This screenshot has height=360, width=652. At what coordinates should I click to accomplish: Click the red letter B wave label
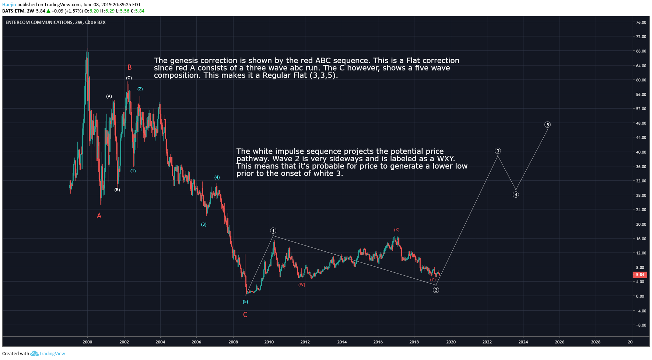click(x=130, y=67)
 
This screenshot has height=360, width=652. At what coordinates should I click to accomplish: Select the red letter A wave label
click(x=99, y=216)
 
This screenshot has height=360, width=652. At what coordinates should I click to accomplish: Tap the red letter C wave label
click(x=245, y=315)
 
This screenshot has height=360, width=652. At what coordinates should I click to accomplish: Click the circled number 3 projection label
click(x=498, y=151)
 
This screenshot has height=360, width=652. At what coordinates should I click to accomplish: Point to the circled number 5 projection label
click(x=547, y=125)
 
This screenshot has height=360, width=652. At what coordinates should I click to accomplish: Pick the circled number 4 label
click(x=516, y=195)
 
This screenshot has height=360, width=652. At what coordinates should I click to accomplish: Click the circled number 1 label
click(x=273, y=231)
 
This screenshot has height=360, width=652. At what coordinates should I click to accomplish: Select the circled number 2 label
click(x=436, y=290)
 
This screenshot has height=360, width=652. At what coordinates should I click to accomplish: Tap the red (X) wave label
click(x=397, y=230)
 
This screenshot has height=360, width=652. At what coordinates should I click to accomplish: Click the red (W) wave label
click(x=302, y=285)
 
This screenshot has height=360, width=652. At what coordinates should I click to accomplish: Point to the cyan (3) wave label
click(x=204, y=225)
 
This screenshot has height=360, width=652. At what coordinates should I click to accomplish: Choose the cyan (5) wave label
click(x=245, y=302)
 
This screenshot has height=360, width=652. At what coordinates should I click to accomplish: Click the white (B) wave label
click(x=117, y=190)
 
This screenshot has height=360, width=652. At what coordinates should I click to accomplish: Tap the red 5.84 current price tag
click(x=640, y=275)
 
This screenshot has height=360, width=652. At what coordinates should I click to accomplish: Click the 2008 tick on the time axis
click(x=233, y=342)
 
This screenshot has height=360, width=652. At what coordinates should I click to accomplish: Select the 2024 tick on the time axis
click(x=523, y=342)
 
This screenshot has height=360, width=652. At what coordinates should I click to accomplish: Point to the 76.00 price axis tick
click(x=641, y=22)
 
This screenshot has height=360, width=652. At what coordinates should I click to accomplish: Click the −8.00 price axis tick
click(x=641, y=325)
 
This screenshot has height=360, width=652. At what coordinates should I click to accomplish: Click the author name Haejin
click(x=9, y=5)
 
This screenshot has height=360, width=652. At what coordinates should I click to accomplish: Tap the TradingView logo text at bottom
click(x=52, y=354)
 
